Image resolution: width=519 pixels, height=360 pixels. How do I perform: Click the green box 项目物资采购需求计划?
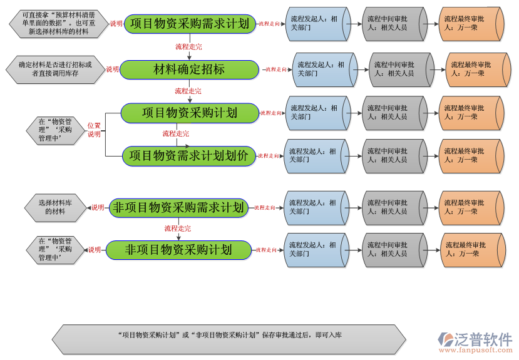pyautogui.click(x=190, y=24)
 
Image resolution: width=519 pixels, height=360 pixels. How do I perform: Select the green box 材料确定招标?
pyautogui.click(x=189, y=69)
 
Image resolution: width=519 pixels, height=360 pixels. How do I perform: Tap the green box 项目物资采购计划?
pyautogui.click(x=189, y=113)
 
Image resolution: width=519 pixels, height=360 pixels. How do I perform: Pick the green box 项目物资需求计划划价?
pyautogui.click(x=189, y=156)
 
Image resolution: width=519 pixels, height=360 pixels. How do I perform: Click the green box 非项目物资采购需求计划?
pyautogui.click(x=178, y=207)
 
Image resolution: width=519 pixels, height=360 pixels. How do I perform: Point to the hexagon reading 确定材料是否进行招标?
pyautogui.click(x=54, y=69)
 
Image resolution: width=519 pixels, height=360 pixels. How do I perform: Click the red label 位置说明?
pyautogui.click(x=94, y=130)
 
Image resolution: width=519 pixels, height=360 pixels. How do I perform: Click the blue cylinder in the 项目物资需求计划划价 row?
pyautogui.click(x=317, y=156)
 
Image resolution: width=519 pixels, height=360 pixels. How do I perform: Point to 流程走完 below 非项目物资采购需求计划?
pyautogui.click(x=177, y=229)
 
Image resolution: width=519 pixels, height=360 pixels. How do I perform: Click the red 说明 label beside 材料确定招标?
pyautogui.click(x=112, y=69)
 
